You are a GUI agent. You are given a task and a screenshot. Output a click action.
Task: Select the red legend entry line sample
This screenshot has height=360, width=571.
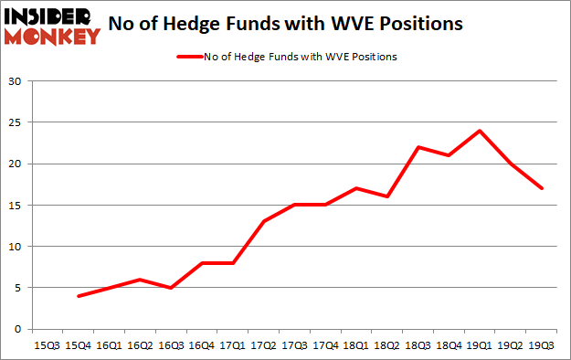(x=196, y=57)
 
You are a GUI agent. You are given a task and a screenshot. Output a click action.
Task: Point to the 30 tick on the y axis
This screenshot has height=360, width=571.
(x=15, y=81)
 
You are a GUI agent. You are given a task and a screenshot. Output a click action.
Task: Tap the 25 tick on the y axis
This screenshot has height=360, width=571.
(x=15, y=122)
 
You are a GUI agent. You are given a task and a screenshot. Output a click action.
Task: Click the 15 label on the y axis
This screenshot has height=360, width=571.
(x=15, y=205)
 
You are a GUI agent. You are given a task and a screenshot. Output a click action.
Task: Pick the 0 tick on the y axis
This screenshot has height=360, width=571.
(x=17, y=329)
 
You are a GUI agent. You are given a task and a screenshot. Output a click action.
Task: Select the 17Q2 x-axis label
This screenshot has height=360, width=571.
(x=264, y=344)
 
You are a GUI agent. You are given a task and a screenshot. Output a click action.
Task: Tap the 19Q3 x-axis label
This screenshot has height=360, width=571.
(x=543, y=344)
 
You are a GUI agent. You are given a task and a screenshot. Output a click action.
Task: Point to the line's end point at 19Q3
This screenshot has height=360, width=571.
(x=543, y=188)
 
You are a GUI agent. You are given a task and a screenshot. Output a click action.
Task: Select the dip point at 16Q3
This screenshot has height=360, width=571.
(x=171, y=288)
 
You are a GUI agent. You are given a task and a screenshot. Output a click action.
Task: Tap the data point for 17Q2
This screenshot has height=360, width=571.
(x=264, y=221)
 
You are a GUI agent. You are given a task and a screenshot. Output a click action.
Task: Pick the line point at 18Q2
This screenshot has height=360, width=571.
(x=387, y=196)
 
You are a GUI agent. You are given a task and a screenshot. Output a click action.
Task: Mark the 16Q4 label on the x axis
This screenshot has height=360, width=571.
(x=201, y=344)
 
